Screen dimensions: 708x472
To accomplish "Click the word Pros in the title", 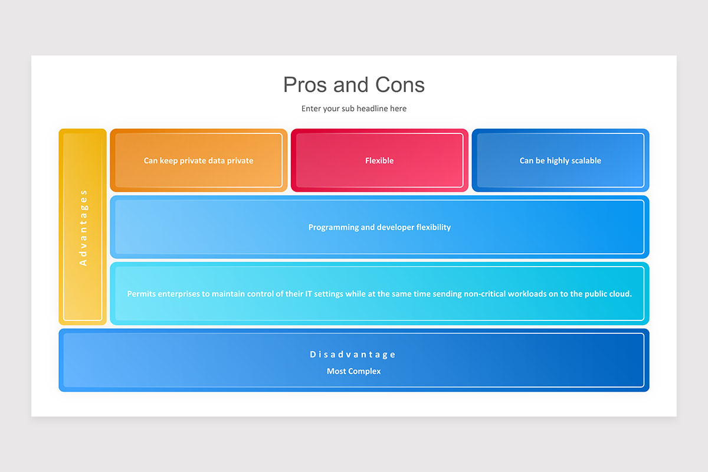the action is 304,85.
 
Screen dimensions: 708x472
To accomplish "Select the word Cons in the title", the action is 400,85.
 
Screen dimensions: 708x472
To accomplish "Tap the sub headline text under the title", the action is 353,109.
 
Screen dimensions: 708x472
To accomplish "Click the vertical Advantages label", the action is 83,228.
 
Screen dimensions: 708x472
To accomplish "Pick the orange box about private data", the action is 198,160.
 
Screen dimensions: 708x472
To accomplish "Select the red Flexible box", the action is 379,160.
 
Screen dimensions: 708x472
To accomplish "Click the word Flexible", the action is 379,160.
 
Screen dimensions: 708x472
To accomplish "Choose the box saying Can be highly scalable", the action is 560,160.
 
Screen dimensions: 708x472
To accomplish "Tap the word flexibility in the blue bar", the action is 433,227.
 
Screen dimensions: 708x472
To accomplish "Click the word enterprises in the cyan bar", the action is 179,294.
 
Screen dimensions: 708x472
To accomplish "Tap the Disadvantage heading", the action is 352,355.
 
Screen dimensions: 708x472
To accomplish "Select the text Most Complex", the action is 353,371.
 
